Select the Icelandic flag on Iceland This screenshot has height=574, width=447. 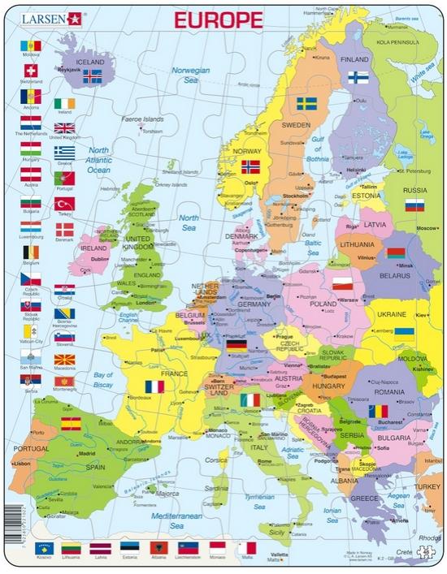point(93,76)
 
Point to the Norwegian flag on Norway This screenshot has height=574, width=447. point(251,166)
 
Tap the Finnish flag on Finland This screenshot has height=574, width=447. point(358,78)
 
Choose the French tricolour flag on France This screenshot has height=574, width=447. point(154,386)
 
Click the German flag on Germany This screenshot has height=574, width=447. point(237,346)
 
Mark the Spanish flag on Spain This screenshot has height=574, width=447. point(71,423)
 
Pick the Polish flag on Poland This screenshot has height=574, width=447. point(343,283)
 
